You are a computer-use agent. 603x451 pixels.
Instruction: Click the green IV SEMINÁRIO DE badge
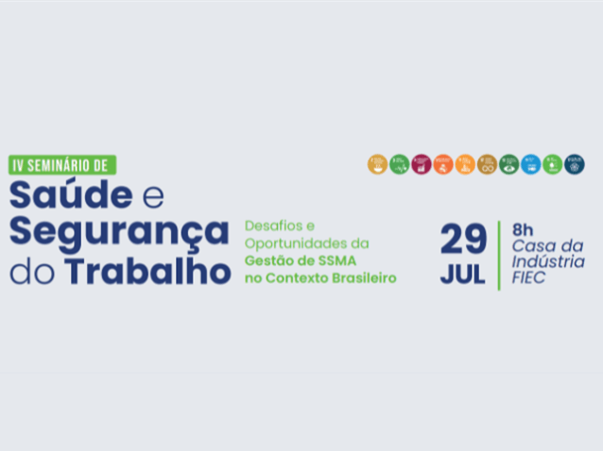tap(62, 164)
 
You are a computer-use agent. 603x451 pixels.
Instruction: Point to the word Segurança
tap(119, 232)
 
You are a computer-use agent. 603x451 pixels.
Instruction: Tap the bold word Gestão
tap(270, 260)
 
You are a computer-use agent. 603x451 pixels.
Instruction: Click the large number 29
tap(463, 241)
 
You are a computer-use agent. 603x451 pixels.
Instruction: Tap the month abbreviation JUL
tap(462, 276)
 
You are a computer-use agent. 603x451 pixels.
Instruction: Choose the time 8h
tap(523, 229)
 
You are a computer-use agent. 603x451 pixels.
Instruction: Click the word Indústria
tap(547, 261)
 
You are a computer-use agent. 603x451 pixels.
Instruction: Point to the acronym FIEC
tap(529, 278)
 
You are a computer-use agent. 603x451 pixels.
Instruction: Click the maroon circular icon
tap(422, 164)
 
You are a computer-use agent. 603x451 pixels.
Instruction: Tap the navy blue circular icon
tap(575, 164)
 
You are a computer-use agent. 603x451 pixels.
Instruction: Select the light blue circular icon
tap(531, 164)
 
